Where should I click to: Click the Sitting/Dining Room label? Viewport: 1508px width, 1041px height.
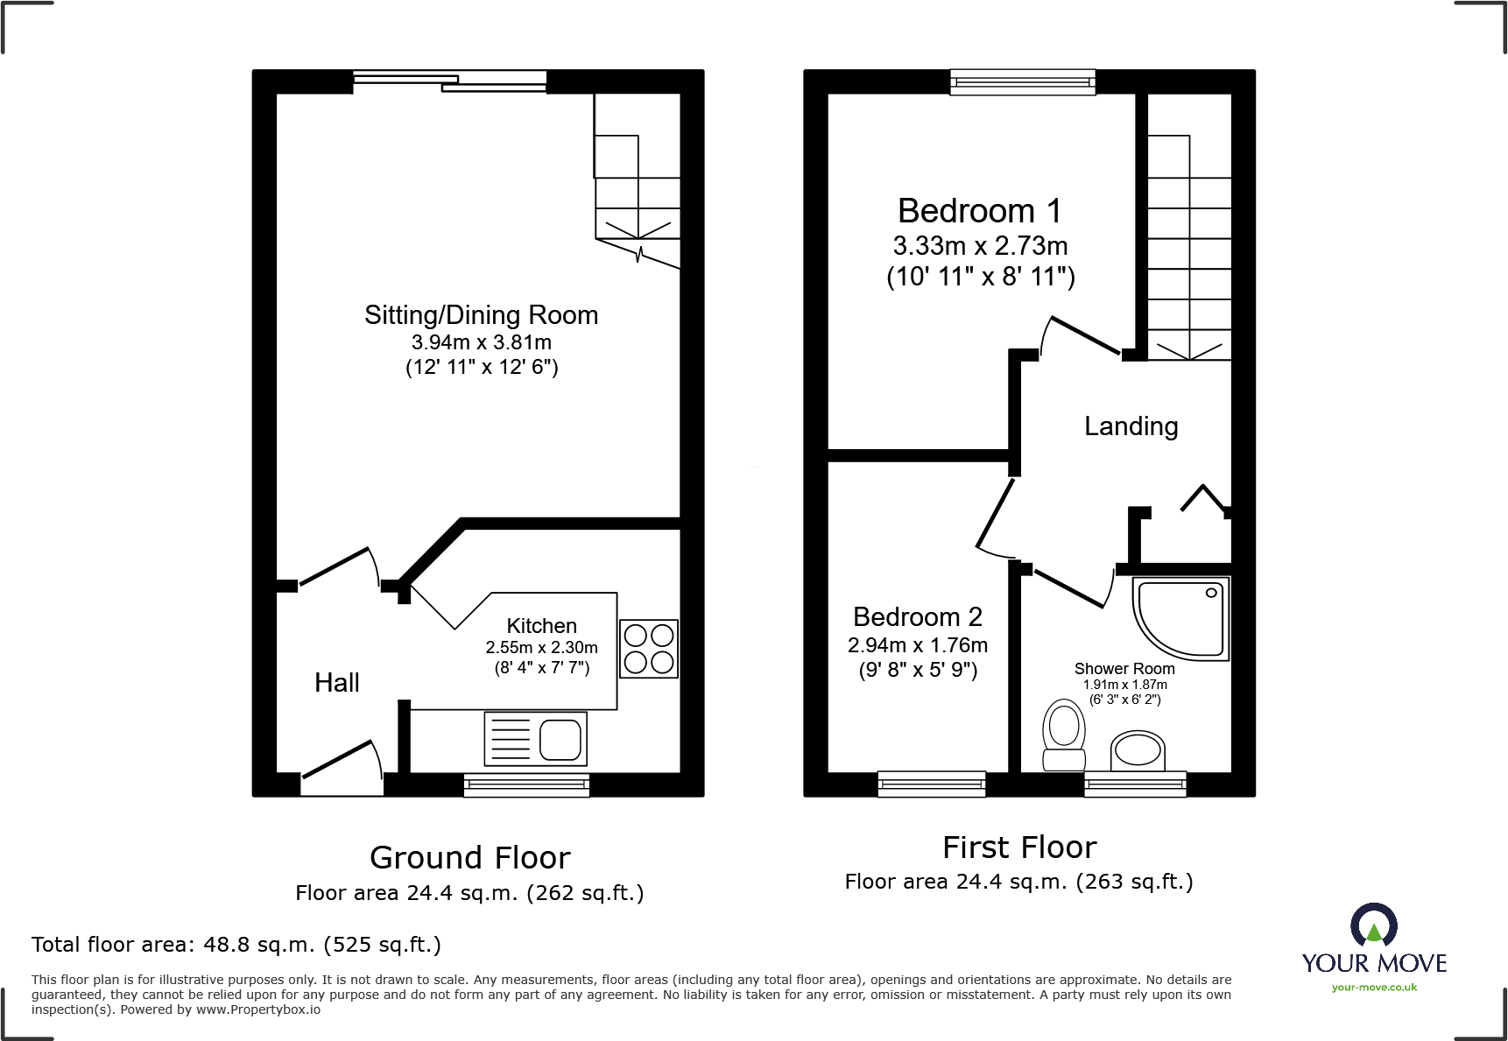point(481,315)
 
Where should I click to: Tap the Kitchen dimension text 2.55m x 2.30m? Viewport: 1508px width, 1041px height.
point(541,648)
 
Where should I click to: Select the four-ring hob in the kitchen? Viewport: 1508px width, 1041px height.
point(649,649)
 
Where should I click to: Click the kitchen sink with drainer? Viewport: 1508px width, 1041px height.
point(535,739)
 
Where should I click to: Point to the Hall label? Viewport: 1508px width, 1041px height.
point(336,683)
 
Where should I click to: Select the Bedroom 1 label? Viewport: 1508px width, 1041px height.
point(979,211)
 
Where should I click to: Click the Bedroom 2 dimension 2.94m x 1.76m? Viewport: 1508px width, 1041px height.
point(917,645)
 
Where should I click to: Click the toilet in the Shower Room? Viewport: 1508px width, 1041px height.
point(1064,734)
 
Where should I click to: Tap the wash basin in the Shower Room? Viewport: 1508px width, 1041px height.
point(1138,750)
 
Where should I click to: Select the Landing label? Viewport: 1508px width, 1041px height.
point(1131,426)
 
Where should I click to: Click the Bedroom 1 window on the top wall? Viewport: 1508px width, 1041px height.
point(1022,82)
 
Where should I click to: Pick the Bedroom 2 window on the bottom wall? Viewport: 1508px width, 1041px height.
point(931,784)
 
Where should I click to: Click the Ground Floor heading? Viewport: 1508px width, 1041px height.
point(469,857)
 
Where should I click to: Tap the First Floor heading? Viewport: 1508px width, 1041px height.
point(1018,848)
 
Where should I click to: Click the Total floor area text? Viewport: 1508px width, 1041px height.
point(236,945)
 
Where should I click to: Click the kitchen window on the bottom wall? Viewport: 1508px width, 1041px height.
point(526,784)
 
